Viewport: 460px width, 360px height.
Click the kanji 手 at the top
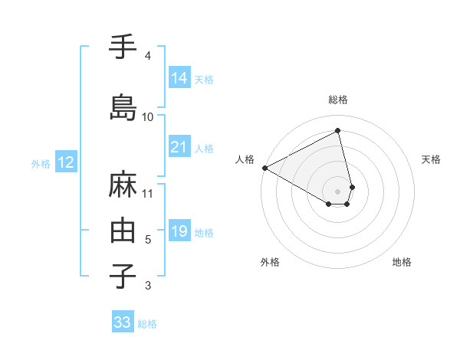pos(123,47)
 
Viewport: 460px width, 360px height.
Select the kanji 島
pos(123,107)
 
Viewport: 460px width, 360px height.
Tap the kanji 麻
pos(123,185)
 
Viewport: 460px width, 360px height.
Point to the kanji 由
pos(123,230)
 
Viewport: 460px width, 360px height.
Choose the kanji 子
pos(123,276)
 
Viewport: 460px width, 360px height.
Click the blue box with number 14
pos(179,77)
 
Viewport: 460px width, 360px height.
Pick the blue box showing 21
pos(179,147)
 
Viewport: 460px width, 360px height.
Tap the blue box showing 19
pos(179,231)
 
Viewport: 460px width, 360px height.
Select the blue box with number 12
pos(65,162)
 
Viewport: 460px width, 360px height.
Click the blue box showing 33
pos(123,322)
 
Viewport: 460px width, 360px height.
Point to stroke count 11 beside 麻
pos(148,193)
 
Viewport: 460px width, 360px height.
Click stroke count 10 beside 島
pos(148,117)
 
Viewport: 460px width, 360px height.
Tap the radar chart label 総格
pos(338,100)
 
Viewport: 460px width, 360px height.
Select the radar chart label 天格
pos(431,159)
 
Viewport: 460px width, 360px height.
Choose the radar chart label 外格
pos(270,262)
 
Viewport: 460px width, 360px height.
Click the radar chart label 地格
pos(402,262)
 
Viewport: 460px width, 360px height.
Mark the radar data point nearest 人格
pos(264,167)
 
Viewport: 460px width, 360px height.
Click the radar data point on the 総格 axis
pos(338,130)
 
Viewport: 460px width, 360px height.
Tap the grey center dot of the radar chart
pos(338,190)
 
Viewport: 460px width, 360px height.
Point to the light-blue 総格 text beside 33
pos(147,324)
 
